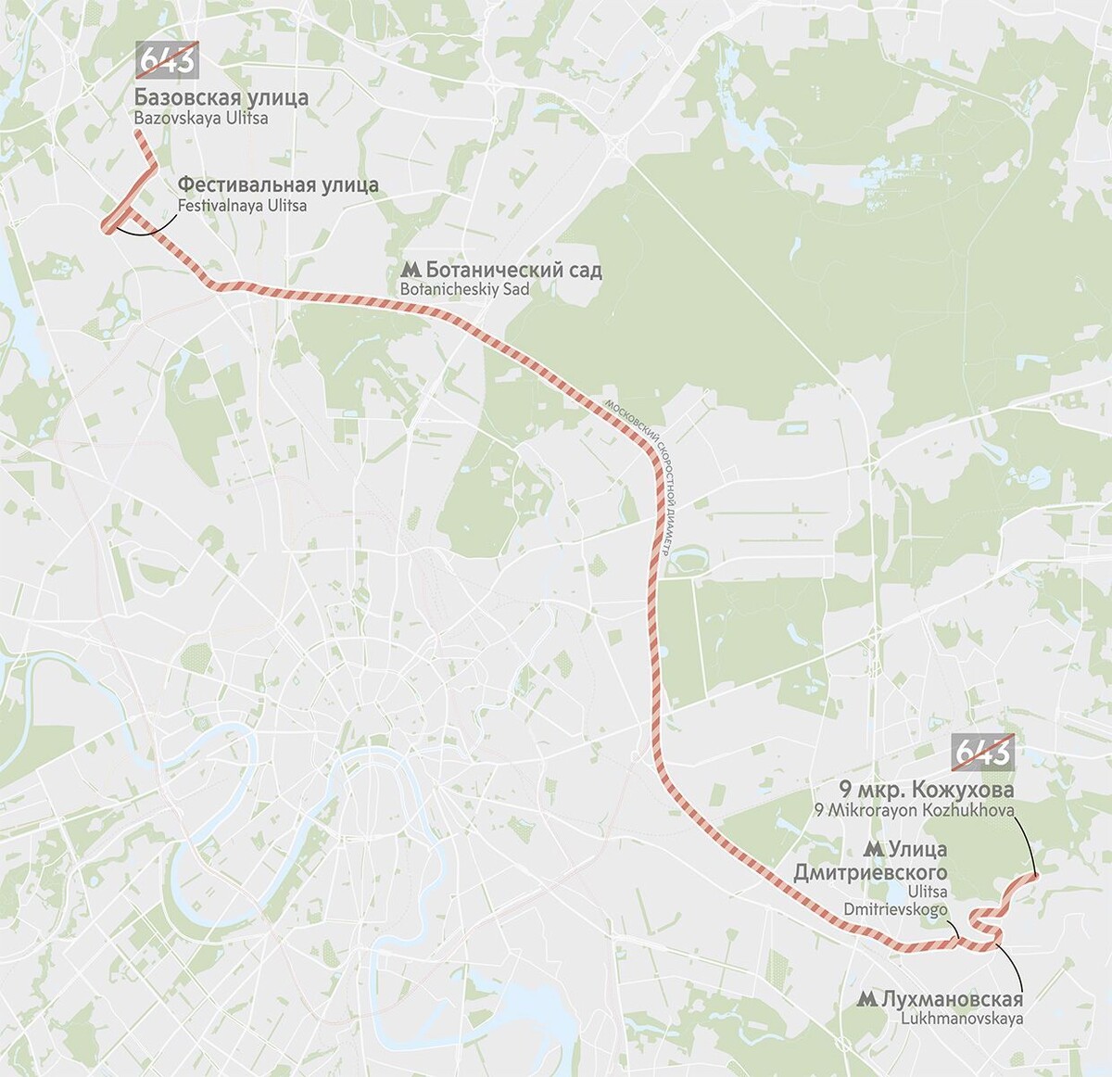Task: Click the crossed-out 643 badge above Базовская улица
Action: tap(167, 60)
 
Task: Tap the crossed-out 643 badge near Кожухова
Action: tap(983, 753)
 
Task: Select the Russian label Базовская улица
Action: tap(221, 97)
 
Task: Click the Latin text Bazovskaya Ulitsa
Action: tap(200, 119)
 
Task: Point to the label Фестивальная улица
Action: tap(278, 184)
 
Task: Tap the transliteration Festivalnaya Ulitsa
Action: tap(242, 206)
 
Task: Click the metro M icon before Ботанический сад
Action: tap(411, 271)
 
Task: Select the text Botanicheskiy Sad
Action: tap(464, 289)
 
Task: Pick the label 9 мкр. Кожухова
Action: tap(926, 790)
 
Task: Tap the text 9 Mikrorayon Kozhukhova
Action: tap(914, 810)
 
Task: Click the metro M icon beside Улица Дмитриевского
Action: tap(871, 849)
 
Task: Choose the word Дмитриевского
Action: tap(870, 872)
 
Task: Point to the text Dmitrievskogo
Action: tap(895, 909)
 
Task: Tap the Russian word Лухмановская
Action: tap(953, 998)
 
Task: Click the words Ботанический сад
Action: tap(513, 270)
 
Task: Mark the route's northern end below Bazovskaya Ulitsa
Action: tap(138, 134)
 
